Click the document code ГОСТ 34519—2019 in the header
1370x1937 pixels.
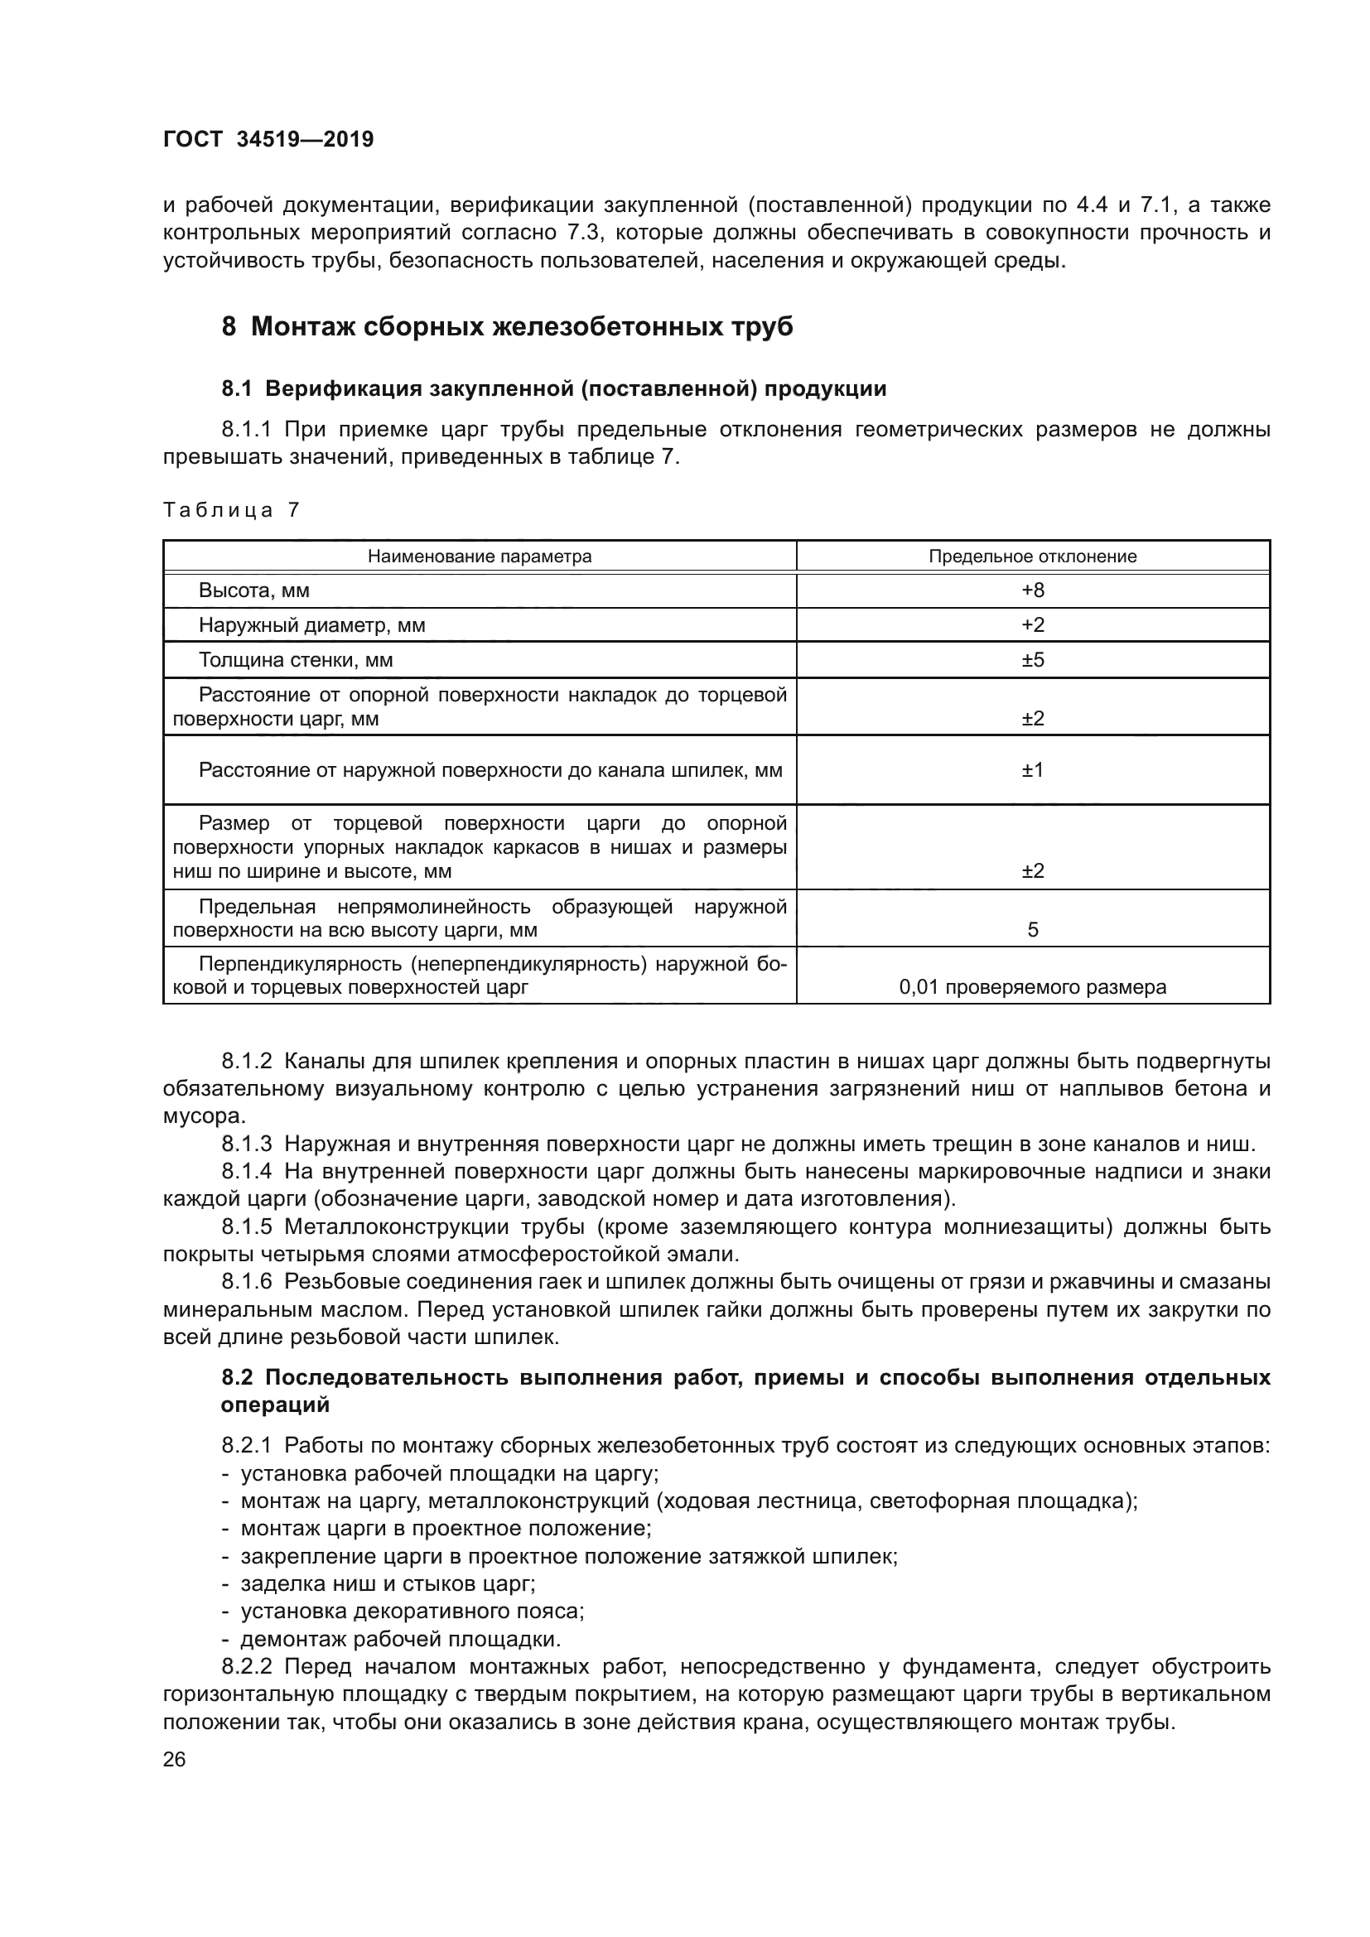[268, 139]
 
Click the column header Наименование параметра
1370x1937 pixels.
[479, 557]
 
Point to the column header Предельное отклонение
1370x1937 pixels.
[1033, 557]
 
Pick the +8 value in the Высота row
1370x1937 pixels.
[1033, 590]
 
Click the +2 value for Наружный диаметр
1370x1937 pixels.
[1033, 625]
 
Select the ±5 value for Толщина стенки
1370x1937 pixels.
[1033, 660]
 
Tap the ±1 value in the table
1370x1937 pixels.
[1033, 770]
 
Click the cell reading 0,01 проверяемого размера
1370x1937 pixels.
[1033, 987]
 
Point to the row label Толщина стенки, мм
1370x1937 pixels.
[295, 660]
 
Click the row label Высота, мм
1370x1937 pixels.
[254, 590]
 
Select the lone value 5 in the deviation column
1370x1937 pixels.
[1033, 931]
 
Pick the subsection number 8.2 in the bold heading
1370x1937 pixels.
[237, 1378]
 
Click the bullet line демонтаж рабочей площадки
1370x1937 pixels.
[401, 1639]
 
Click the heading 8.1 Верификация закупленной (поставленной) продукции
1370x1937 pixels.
[553, 389]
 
